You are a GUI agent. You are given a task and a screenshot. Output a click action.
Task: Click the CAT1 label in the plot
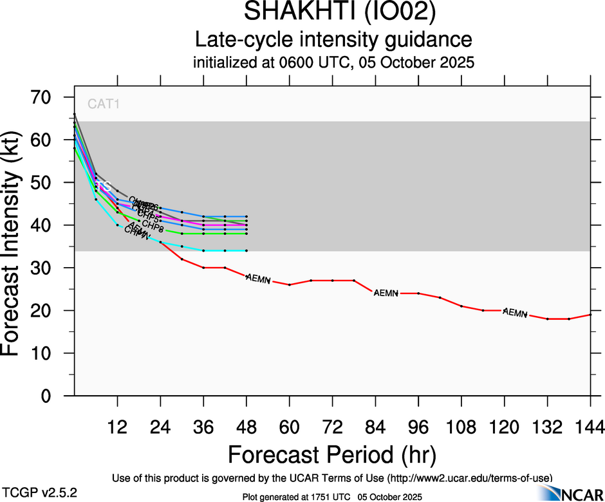[x=104, y=104]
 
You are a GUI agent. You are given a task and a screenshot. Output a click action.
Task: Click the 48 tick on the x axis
[x=247, y=427]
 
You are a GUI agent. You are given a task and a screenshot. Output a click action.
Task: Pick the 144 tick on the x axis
[x=590, y=427]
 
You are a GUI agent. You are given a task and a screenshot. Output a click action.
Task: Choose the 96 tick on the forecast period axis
[x=418, y=427]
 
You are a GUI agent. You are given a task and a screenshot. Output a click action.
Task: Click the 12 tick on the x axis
[x=117, y=427]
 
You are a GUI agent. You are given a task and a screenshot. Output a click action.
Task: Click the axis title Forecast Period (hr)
[x=332, y=454]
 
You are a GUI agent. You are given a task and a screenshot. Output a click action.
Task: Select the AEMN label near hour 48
[x=258, y=279]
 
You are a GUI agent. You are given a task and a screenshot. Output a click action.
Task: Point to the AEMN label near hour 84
[x=386, y=293]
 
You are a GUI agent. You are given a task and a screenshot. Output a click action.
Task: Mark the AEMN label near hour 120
[x=515, y=313]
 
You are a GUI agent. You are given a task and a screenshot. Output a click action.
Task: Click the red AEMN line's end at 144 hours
[x=590, y=315]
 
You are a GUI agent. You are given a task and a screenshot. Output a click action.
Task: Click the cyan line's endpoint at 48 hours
[x=247, y=250]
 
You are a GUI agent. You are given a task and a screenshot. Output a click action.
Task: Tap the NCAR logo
[x=570, y=494]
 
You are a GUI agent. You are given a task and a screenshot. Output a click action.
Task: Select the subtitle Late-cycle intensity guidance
[x=333, y=40]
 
